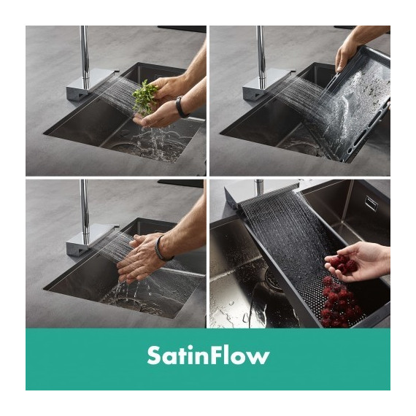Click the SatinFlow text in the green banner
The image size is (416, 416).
tap(208, 355)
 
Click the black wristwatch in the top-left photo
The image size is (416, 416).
tap(181, 107)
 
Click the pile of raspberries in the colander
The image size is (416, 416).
tap(338, 302)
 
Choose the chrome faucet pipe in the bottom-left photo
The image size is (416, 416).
tap(85, 207)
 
